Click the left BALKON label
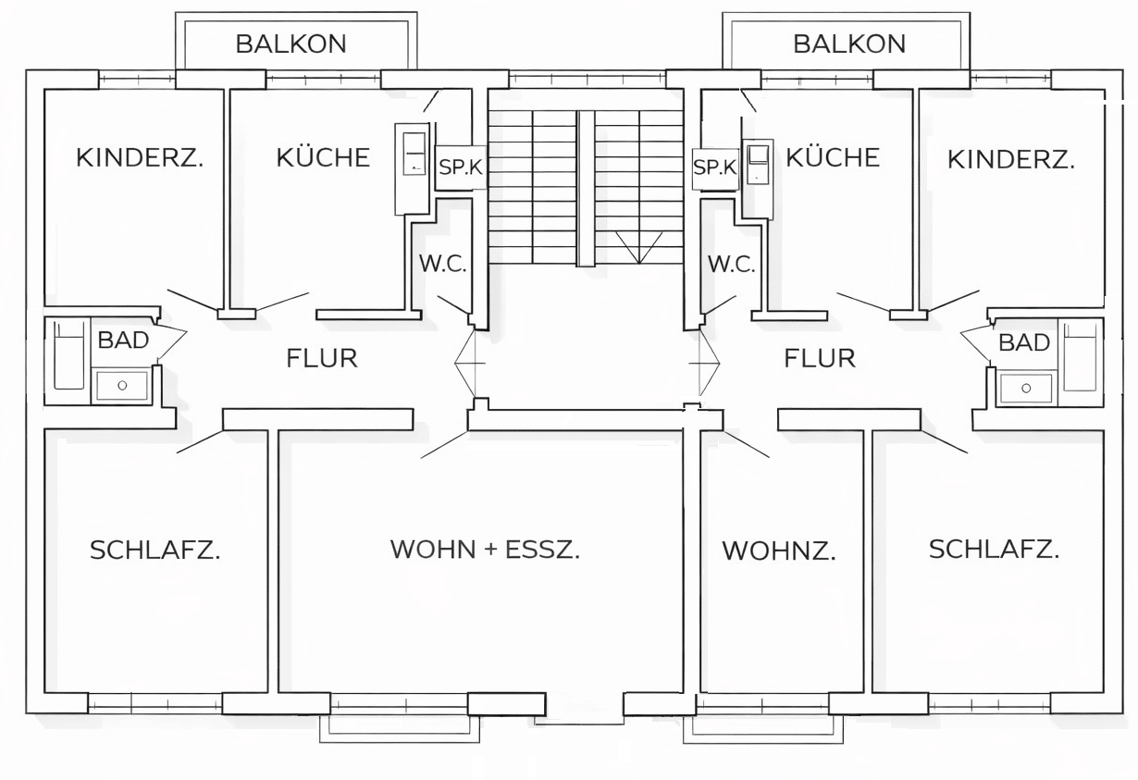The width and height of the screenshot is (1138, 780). (291, 43)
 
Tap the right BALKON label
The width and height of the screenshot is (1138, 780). (849, 43)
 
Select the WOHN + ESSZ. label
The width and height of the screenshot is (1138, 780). (485, 550)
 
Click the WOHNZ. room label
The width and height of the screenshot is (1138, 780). (779, 551)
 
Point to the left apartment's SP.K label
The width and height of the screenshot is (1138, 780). (460, 167)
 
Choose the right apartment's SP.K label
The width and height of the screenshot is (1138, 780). (715, 167)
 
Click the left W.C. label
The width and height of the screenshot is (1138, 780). (442, 264)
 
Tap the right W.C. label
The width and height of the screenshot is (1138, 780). (732, 265)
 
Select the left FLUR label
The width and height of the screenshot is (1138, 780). (322, 358)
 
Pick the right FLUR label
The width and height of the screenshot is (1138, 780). (820, 358)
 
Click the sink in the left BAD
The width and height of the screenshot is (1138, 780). (122, 386)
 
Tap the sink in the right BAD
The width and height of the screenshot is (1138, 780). (1026, 389)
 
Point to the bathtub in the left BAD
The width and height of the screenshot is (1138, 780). (68, 354)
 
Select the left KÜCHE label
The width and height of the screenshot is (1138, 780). (323, 157)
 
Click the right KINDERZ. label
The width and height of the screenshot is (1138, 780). (1011, 159)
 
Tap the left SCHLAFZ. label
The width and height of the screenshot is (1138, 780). (155, 550)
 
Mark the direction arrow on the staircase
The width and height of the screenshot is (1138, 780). (639, 247)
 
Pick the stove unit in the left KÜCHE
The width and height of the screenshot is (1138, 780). (413, 168)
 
